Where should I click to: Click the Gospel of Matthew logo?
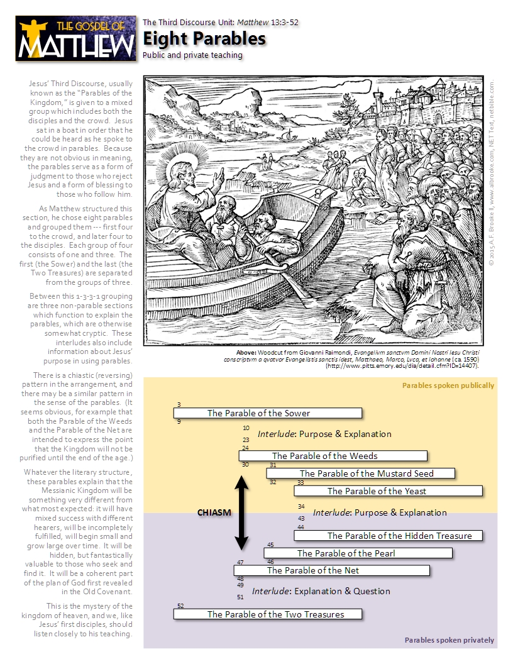coord(76,38)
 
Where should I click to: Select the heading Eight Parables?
coord(204,39)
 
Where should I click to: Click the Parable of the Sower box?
coord(268,413)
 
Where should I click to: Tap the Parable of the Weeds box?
coord(333,456)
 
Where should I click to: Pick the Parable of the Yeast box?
coord(388,491)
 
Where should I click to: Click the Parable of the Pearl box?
coord(358,553)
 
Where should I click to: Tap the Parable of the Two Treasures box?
coord(268,614)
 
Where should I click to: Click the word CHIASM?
coord(214,512)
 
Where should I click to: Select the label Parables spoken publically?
coord(448,385)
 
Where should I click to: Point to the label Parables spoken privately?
coord(449,640)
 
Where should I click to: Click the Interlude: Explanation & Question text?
coord(321,591)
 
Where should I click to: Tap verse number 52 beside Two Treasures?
coord(180,606)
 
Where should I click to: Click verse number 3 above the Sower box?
coord(179,405)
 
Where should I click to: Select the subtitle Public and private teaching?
coord(192,55)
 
